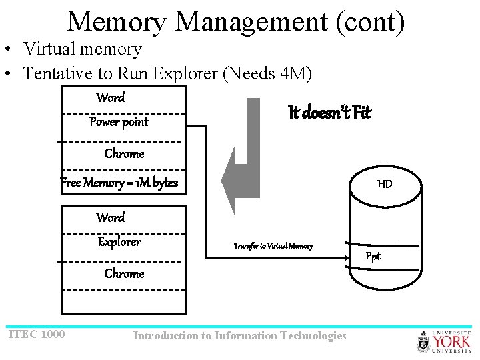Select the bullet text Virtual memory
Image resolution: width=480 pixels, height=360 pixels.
point(82,49)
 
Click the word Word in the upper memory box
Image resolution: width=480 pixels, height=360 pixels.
point(111,98)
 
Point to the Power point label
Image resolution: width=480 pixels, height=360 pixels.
point(119,122)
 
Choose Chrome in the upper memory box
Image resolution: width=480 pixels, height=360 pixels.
point(124,154)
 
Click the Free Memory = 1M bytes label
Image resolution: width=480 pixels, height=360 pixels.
point(120,183)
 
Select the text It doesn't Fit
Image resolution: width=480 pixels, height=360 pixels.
point(329,112)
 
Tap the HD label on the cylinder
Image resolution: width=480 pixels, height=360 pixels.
point(385,183)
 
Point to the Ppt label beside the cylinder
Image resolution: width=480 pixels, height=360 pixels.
point(373,257)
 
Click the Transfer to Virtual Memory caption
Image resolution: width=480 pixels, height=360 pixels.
point(273,246)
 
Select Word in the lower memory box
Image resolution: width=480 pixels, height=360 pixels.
point(111,218)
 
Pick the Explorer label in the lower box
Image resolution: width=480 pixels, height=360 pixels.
point(119,242)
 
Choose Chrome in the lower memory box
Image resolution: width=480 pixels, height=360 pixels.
point(124,274)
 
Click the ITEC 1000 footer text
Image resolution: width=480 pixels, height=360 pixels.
point(36,334)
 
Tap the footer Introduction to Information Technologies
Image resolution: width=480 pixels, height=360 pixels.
point(239,335)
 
